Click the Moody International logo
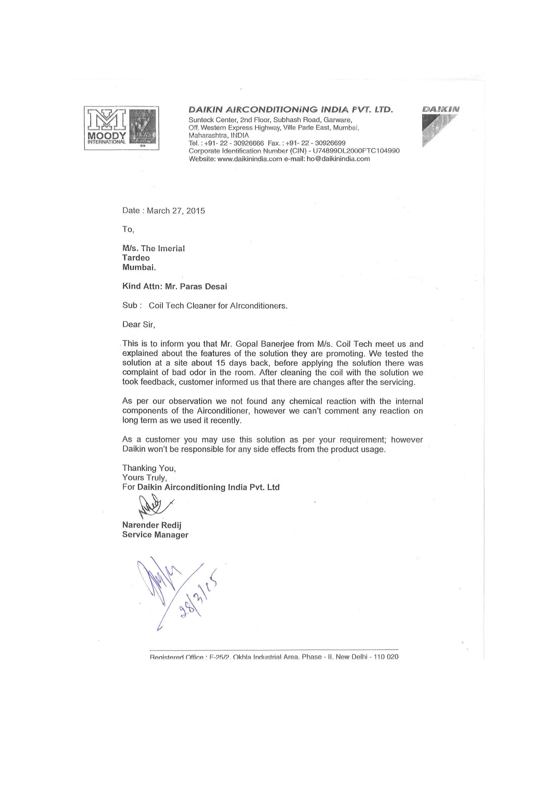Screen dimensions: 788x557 click(122, 128)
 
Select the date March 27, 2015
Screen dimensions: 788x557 click(176, 211)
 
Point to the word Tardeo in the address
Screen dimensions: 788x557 click(136, 258)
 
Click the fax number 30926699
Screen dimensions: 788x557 click(330, 143)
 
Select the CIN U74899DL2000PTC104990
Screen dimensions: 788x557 click(356, 151)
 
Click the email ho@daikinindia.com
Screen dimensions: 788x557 click(338, 159)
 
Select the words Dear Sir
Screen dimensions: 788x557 click(139, 324)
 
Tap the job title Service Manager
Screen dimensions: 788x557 click(155, 535)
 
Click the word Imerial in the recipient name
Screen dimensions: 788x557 click(171, 249)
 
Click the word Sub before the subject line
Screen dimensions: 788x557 click(130, 305)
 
